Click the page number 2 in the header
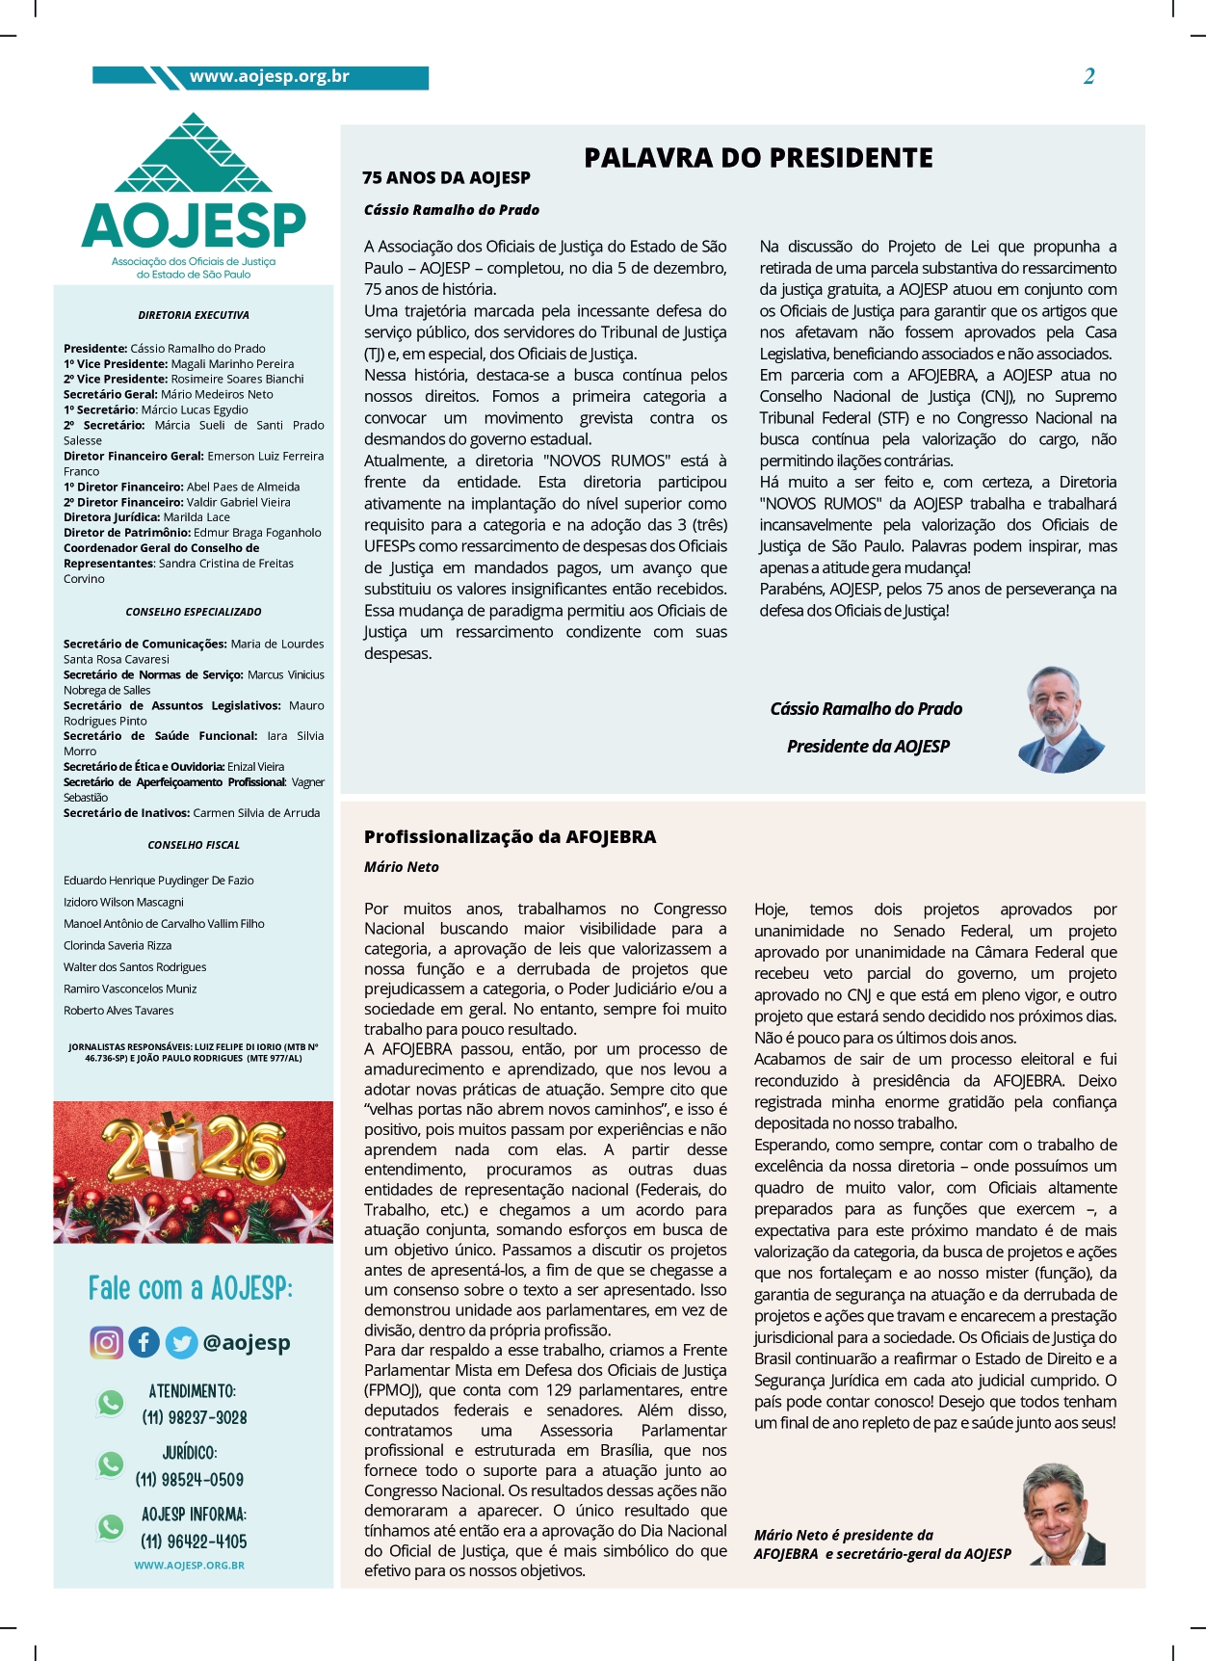coord(1088,77)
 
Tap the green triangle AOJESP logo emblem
coord(194,154)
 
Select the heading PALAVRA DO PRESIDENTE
coord(758,158)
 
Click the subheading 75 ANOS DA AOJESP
coord(446,178)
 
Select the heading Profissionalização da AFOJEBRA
coord(510,837)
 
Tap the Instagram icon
coord(107,1342)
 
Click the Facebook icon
coord(144,1342)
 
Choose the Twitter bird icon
coord(180,1342)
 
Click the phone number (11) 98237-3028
coord(195,1417)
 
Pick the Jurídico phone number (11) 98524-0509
coord(190,1479)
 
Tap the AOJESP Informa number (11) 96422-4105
coord(194,1542)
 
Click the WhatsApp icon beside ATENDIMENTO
coord(111,1403)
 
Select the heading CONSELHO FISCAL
coord(194,845)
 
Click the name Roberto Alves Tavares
coord(118,1011)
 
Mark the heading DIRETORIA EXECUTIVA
coord(194,315)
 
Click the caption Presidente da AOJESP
coord(868,747)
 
